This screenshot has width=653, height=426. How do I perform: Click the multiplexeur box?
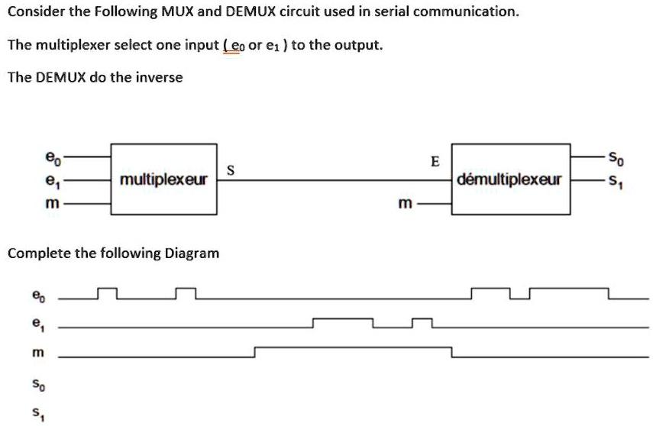[163, 179]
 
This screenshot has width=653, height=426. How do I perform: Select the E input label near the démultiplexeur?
[435, 161]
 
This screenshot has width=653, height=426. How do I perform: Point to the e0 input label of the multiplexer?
[51, 159]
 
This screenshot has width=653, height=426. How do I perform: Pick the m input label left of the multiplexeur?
[51, 205]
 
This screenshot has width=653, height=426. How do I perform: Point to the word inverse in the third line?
[159, 77]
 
